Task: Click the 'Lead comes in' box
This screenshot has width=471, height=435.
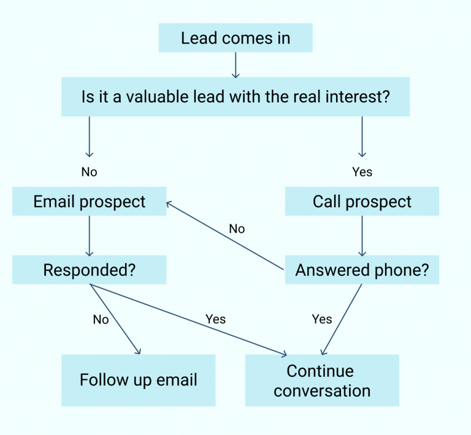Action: (x=235, y=38)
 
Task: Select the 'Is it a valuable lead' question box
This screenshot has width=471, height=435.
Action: (x=235, y=97)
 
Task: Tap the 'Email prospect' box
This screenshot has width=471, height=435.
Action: (x=90, y=202)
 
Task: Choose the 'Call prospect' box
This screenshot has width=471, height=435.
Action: (x=362, y=202)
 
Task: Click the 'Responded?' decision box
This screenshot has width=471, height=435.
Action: (x=90, y=270)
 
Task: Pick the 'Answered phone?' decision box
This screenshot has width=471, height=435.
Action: (x=362, y=270)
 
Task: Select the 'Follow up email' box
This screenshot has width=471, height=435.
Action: (x=139, y=380)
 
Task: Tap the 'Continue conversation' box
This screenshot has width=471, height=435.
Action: (x=322, y=380)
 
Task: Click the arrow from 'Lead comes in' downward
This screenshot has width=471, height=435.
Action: (x=235, y=64)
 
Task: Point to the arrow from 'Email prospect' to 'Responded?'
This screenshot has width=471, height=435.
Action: (x=90, y=236)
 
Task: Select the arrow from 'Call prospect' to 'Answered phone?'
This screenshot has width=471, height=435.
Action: (x=362, y=236)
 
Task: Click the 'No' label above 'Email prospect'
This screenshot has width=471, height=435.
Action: (x=89, y=172)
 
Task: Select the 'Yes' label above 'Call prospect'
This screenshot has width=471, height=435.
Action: (x=362, y=172)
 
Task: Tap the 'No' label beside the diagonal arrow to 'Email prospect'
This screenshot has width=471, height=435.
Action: (x=237, y=229)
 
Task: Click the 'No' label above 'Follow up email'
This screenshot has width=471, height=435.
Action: (x=101, y=319)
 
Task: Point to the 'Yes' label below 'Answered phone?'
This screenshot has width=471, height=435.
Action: (x=321, y=319)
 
